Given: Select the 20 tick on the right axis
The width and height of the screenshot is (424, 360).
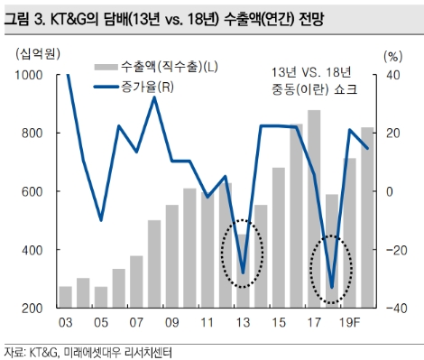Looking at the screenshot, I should pos(392,134).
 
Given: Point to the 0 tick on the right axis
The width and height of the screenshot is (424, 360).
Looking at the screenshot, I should pos(389,192).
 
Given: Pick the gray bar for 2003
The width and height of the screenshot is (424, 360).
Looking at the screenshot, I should pos(65,297).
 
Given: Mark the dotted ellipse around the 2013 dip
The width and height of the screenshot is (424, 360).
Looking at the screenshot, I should pos(243,254).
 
